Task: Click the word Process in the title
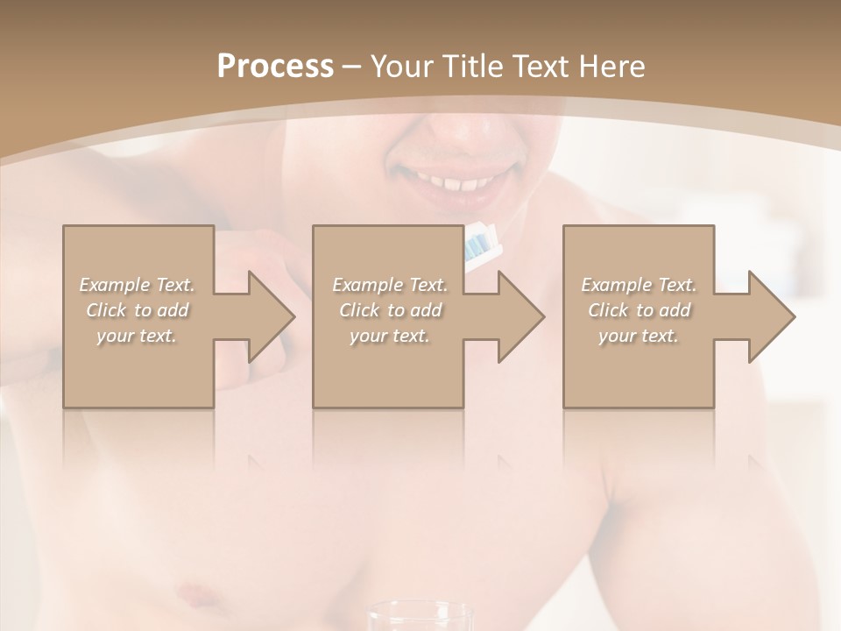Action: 275,66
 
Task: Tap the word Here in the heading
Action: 611,66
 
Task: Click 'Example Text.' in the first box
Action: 138,285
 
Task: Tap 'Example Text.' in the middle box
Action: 390,285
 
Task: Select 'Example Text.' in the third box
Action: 639,285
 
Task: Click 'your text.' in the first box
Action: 138,336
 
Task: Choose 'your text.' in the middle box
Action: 390,336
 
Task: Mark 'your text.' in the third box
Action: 639,336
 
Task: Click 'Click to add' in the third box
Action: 639,310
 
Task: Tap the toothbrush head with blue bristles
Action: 481,245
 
